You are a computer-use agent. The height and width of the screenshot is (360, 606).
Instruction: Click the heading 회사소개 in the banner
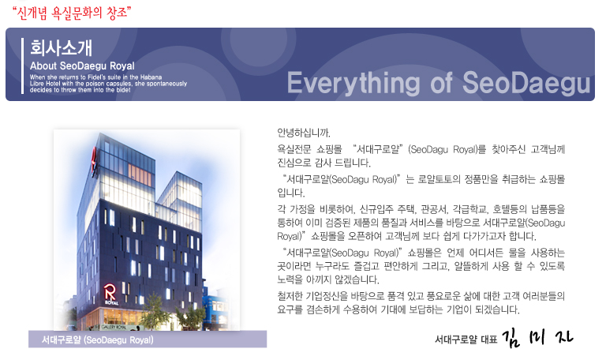coord(61,47)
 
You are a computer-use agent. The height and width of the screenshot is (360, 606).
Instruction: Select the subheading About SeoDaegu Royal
coord(82,65)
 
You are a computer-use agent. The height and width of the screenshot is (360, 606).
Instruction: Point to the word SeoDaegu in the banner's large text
coord(526,82)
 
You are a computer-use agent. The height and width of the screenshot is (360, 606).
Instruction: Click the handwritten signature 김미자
coord(537,338)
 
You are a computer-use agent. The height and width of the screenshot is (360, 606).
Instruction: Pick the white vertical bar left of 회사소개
coord(23,66)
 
